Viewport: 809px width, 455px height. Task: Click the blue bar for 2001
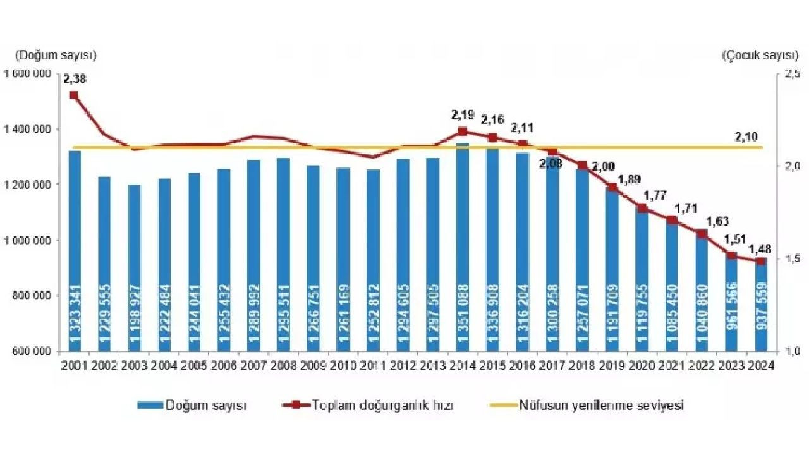[75, 253]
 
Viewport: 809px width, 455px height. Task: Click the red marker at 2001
[74, 95]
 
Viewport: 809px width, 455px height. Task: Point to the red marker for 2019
[612, 187]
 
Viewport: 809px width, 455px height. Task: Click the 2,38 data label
[75, 80]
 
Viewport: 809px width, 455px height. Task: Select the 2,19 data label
[463, 115]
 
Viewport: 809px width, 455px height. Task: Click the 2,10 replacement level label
[746, 136]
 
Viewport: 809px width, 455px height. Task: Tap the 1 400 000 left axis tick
[27, 129]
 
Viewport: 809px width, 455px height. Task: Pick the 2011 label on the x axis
[373, 365]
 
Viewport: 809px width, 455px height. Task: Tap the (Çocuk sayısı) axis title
[753, 56]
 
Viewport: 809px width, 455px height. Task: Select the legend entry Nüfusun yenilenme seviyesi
[601, 406]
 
